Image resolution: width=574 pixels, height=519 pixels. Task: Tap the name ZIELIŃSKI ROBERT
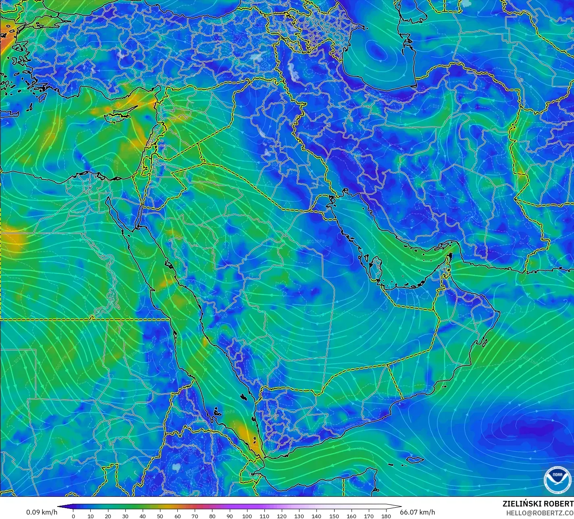[538, 504]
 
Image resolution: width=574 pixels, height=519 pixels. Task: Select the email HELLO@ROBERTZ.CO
[540, 513]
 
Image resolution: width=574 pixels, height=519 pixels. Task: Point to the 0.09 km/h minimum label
[42, 512]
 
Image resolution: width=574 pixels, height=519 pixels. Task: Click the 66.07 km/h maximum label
[417, 512]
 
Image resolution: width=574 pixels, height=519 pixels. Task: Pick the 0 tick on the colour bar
[73, 516]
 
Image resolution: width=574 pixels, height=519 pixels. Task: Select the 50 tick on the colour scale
[160, 516]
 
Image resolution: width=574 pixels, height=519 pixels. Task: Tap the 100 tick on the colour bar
[247, 516]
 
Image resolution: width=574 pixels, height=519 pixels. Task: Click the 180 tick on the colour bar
[386, 516]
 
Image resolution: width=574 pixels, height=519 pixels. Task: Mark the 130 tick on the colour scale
[299, 516]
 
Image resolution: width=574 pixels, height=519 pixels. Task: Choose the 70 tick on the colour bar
[195, 516]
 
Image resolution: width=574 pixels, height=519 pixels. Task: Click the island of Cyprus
[117, 117]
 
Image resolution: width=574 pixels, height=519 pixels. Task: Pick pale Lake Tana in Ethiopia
[176, 468]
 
